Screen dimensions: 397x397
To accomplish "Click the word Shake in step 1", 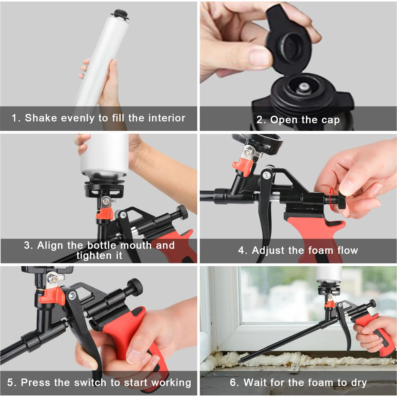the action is [41, 118].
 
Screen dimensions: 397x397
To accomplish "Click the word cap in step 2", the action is [330, 120].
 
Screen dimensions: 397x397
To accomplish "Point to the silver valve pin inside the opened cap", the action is [302, 87].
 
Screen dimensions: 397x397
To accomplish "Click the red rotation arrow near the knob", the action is [332, 199].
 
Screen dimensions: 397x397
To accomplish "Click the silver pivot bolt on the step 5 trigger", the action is [72, 295].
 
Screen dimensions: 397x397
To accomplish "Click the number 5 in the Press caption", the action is [10, 382].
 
